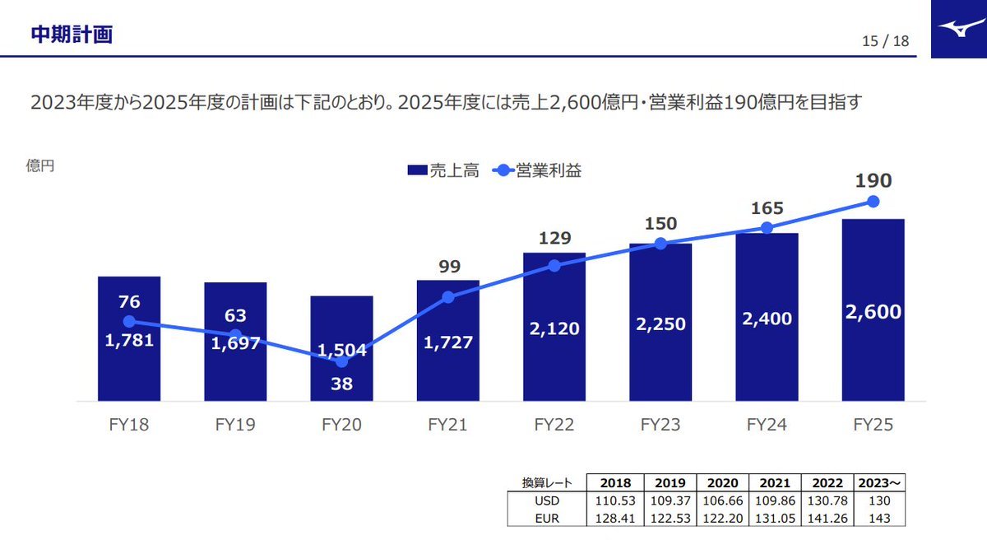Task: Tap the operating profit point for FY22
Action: point(554,265)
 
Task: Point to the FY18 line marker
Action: point(129,321)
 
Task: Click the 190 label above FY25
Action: point(873,181)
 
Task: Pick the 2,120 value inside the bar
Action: point(554,328)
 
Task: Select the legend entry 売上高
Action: point(443,170)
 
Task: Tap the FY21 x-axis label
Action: point(447,425)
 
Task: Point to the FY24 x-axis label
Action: point(767,425)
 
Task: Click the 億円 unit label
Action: point(39,166)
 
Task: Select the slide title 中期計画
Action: point(72,34)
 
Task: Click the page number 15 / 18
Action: point(886,41)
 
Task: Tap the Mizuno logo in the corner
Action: point(959,29)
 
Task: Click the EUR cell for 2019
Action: point(670,519)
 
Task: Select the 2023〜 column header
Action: point(880,483)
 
